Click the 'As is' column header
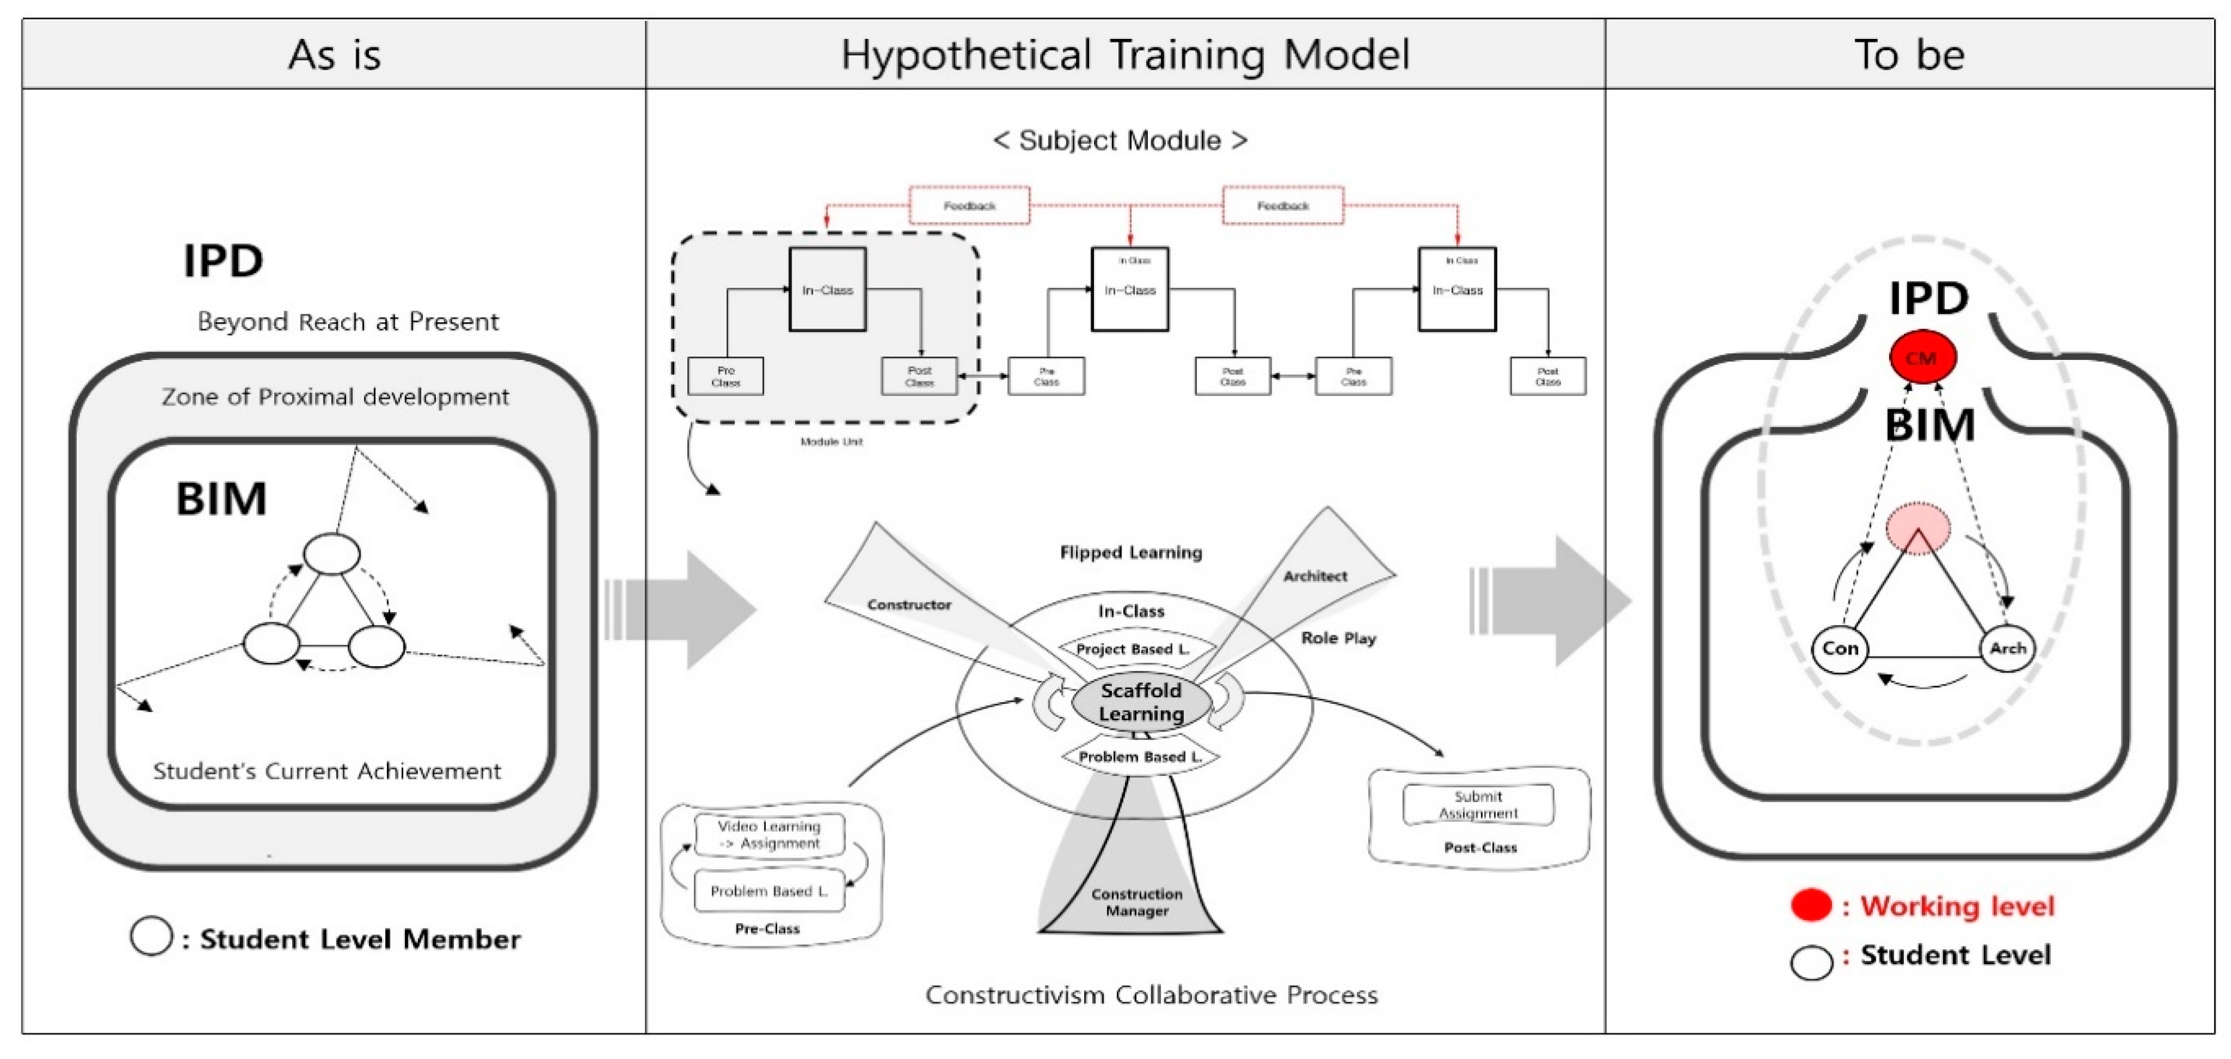click(334, 55)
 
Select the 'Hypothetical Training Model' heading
click(1125, 55)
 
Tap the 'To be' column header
click(1909, 55)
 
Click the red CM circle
click(1922, 357)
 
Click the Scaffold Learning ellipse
click(1141, 702)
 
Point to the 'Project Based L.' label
click(1132, 649)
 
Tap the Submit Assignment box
click(1478, 804)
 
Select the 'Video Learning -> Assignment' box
click(769, 834)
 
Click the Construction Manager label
click(1136, 902)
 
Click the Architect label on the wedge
click(1315, 576)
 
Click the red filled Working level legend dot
click(1811, 906)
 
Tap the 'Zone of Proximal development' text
click(335, 397)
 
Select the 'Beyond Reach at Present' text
click(348, 322)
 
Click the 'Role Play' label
click(1338, 638)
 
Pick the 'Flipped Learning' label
click(1131, 552)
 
